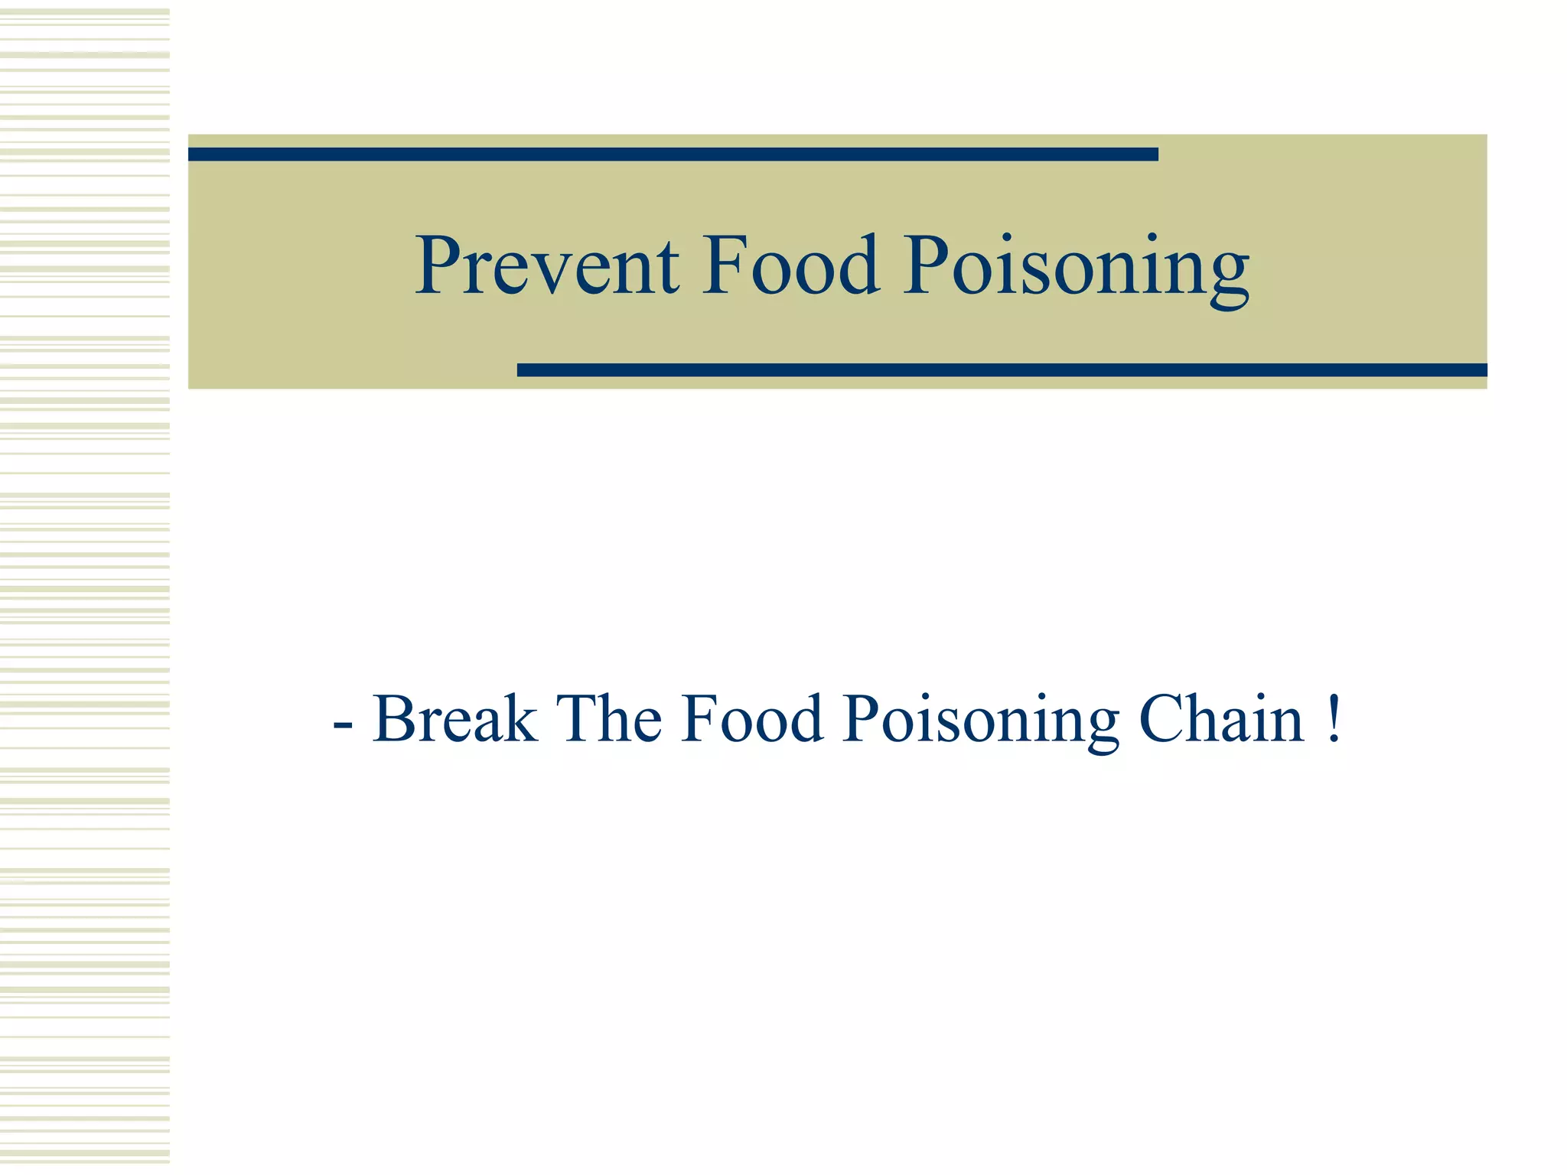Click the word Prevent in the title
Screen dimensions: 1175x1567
click(x=546, y=265)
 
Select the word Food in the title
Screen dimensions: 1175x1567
click(x=791, y=265)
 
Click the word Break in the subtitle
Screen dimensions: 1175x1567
click(x=454, y=719)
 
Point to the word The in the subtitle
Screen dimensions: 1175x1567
click(x=609, y=719)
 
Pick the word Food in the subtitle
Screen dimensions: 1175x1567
click(x=752, y=719)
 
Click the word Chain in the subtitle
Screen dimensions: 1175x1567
click(x=1221, y=719)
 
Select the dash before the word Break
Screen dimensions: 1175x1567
click(x=343, y=724)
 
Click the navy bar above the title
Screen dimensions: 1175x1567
click(x=673, y=155)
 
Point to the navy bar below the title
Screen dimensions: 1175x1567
click(x=1002, y=370)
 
